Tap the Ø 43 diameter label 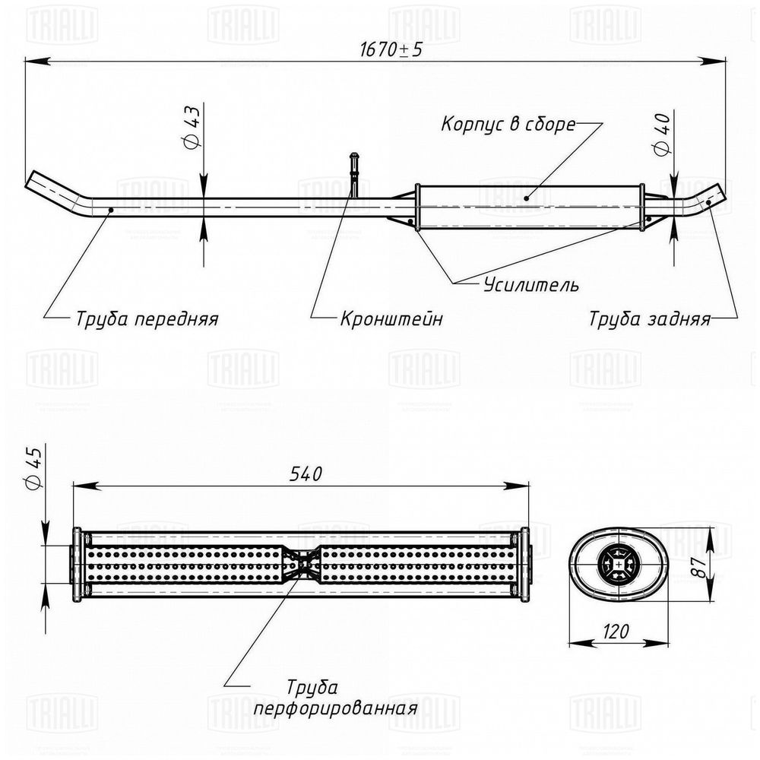pyautogui.click(x=192, y=126)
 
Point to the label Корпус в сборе pyautogui.click(x=508, y=125)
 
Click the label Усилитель pyautogui.click(x=530, y=286)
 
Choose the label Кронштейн pyautogui.click(x=391, y=318)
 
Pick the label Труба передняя pyautogui.click(x=147, y=318)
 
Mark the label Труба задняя pyautogui.click(x=649, y=318)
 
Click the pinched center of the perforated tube pyautogui.click(x=303, y=564)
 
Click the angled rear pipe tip pyautogui.click(x=711, y=195)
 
